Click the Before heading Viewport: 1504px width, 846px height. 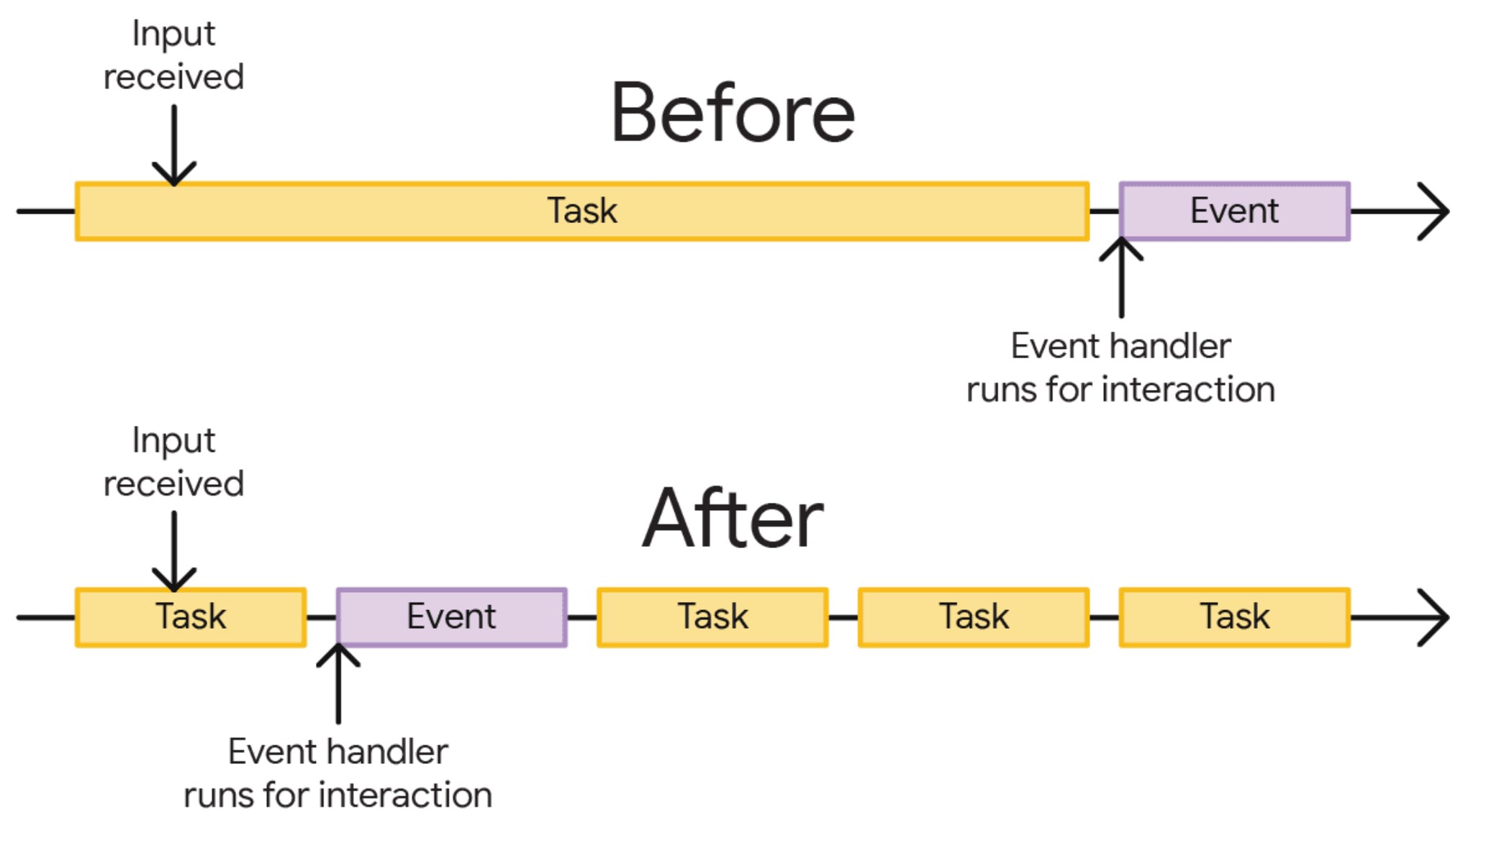click(x=733, y=114)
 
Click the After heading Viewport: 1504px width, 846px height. click(x=733, y=518)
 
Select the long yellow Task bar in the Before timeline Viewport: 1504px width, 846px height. click(x=581, y=211)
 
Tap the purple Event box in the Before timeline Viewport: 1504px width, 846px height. click(x=1234, y=211)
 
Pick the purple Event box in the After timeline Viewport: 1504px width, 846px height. click(x=451, y=617)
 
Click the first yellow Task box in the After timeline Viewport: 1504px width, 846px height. click(x=191, y=617)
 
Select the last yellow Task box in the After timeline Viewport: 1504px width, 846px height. click(x=1234, y=617)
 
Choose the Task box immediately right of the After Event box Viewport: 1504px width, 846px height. click(x=712, y=617)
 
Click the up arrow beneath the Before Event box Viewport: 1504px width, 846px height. click(x=1121, y=277)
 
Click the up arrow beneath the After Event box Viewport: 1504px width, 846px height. click(x=338, y=683)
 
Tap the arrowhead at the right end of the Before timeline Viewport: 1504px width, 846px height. click(x=1436, y=211)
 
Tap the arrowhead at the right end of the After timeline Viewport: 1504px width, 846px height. click(x=1436, y=617)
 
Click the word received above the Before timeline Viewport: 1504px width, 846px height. click(x=174, y=77)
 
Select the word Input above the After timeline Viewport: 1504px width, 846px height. click(x=174, y=440)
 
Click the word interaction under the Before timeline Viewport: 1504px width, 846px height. click(x=1189, y=390)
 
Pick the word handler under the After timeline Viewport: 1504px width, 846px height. click(x=393, y=752)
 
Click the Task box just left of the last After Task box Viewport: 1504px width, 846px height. click(x=973, y=617)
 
